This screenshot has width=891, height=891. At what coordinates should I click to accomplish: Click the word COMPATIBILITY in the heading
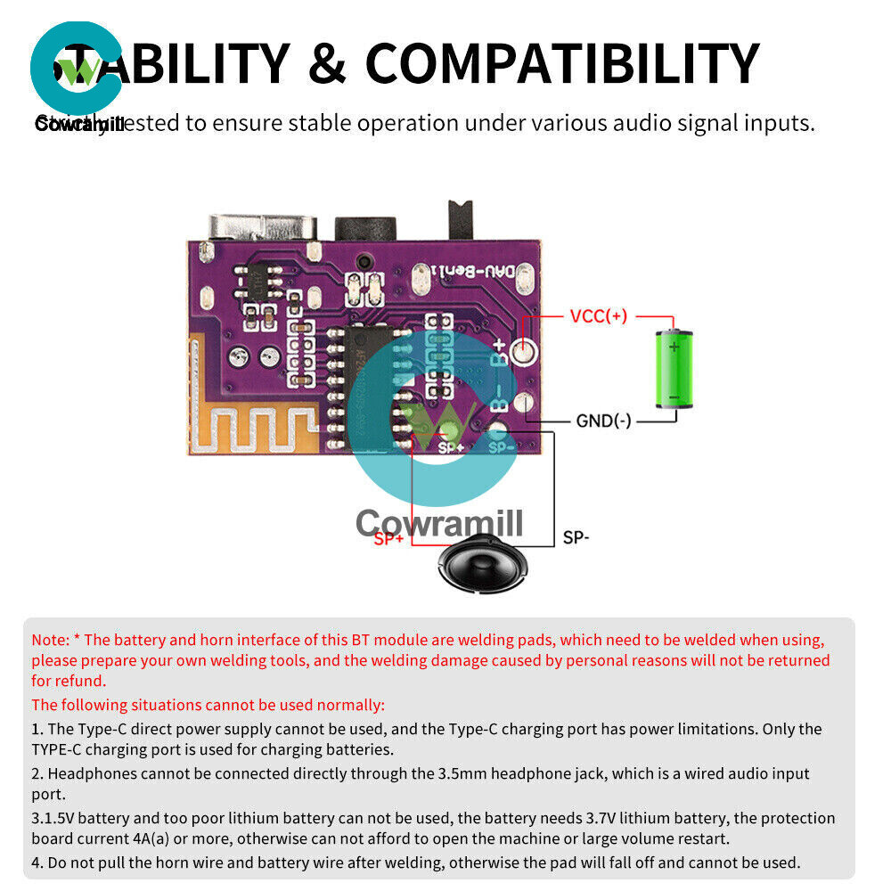pyautogui.click(x=562, y=64)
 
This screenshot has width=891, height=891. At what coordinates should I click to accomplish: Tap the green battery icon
pyautogui.click(x=674, y=370)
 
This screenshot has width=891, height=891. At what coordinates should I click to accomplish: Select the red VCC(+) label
pyautogui.click(x=598, y=315)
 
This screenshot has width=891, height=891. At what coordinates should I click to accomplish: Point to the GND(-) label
pyautogui.click(x=603, y=420)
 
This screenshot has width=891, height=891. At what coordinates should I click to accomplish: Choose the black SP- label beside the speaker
pyautogui.click(x=576, y=538)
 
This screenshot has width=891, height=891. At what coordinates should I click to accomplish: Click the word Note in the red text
pyautogui.click(x=49, y=640)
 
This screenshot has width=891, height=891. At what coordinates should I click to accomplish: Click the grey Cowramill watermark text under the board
pyautogui.click(x=439, y=524)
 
